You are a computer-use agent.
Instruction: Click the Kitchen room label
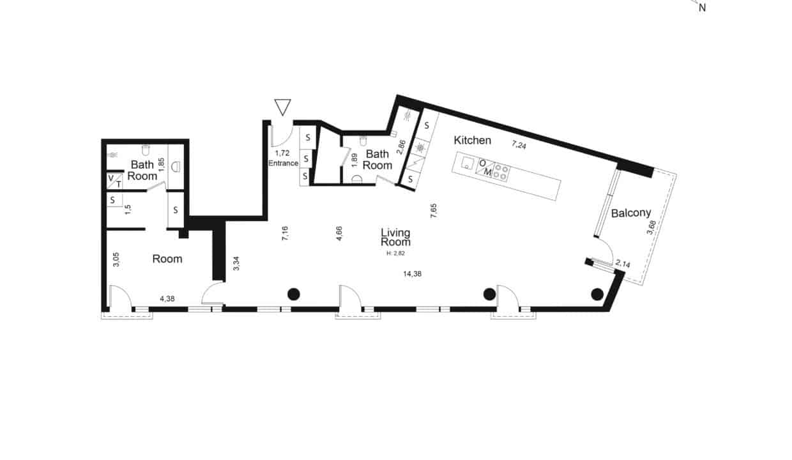point(473,141)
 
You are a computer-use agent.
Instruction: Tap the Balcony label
point(631,213)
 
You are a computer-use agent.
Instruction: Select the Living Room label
point(395,237)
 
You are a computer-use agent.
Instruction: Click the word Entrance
point(283,164)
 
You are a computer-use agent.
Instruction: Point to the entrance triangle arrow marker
point(282,107)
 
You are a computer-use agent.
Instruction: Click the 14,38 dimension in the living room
point(412,273)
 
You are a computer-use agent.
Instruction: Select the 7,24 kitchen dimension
point(519,144)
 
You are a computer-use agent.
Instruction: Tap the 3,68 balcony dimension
point(651,227)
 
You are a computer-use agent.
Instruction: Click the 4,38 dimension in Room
point(167,299)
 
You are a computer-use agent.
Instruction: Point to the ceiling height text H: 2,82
point(395,253)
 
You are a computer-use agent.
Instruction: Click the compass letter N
point(702,8)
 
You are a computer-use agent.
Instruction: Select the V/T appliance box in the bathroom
point(114,181)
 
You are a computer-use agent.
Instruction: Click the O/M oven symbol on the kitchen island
point(485,168)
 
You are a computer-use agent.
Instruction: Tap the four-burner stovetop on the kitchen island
point(501,172)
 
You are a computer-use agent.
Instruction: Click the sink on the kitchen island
point(467,163)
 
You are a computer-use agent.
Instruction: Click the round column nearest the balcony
point(597,294)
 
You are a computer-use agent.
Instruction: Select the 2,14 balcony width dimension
point(623,264)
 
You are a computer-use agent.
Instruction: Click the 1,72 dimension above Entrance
point(282,153)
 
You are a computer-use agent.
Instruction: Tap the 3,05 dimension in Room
point(116,259)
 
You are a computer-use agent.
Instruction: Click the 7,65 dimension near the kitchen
point(434,211)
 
